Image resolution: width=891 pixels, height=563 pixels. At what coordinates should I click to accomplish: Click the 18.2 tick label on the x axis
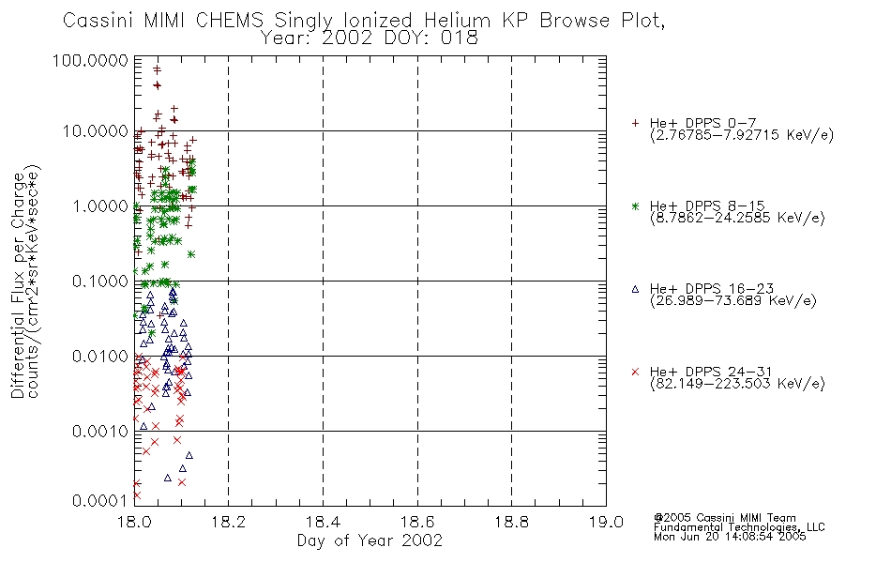229,522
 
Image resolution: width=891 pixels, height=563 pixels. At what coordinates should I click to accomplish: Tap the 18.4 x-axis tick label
323,522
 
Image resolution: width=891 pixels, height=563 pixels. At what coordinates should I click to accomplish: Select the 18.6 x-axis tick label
417,522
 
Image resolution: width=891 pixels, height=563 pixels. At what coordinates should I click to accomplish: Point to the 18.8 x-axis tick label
511,522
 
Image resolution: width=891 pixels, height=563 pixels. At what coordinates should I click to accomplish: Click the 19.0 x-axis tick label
606,522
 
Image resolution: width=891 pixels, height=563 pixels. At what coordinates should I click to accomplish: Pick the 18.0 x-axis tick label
134,522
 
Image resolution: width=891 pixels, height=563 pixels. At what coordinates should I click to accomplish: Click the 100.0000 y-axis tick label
90,60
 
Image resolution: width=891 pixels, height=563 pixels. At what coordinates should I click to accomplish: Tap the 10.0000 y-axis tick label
95,131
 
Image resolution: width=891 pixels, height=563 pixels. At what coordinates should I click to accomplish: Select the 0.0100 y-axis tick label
100,357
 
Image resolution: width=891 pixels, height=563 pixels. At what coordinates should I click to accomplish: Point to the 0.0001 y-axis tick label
100,500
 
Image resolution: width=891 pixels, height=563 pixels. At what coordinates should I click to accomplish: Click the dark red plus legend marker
635,123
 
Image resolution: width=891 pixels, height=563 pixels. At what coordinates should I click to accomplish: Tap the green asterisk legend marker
635,205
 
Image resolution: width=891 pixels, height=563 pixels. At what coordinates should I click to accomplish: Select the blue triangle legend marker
635,289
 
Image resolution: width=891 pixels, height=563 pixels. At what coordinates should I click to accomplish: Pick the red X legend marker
635,372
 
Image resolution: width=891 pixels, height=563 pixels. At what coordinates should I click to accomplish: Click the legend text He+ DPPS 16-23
712,289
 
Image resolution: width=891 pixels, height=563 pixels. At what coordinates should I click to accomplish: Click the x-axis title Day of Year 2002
370,540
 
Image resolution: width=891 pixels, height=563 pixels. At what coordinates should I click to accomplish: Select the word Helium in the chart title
457,21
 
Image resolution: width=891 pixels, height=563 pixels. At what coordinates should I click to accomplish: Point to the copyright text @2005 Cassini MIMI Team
724,518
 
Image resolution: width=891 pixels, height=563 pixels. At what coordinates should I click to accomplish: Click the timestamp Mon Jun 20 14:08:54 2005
730,537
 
